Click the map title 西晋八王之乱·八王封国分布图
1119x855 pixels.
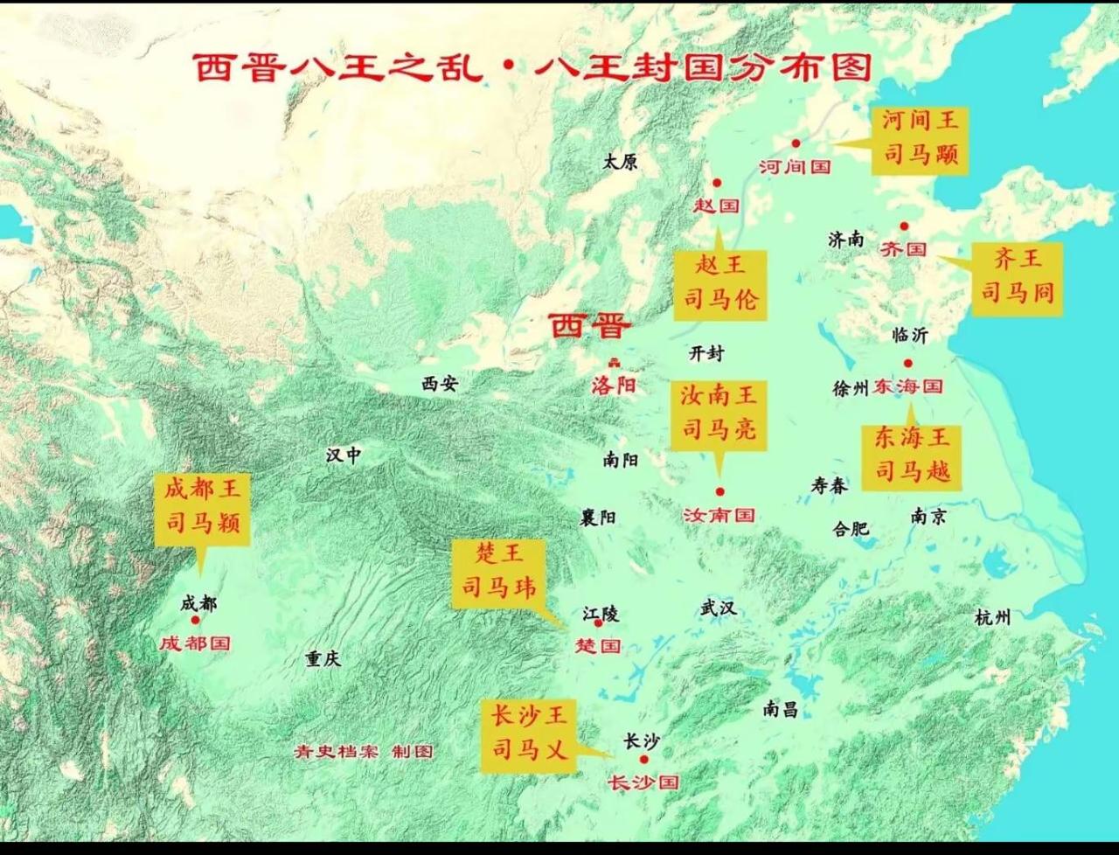click(x=532, y=67)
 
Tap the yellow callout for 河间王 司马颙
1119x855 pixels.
click(x=920, y=139)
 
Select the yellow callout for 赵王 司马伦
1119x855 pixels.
click(x=720, y=283)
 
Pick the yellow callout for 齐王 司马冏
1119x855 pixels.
click(x=1017, y=277)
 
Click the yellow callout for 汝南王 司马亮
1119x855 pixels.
click(x=719, y=414)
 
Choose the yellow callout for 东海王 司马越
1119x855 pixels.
click(x=912, y=455)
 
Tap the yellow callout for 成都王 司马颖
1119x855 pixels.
click(x=202, y=508)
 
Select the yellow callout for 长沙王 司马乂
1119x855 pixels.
click(x=529, y=734)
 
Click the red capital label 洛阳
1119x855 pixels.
click(x=614, y=385)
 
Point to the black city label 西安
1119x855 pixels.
click(x=439, y=383)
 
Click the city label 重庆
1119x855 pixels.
click(x=323, y=659)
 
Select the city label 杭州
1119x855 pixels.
click(x=992, y=618)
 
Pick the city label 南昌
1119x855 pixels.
click(x=780, y=709)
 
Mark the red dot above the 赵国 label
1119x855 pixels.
click(x=717, y=183)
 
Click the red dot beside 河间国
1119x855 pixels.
click(x=796, y=142)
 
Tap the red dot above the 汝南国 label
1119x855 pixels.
click(x=720, y=492)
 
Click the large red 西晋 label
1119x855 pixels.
click(x=589, y=327)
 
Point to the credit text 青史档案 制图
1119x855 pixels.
click(x=364, y=752)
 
